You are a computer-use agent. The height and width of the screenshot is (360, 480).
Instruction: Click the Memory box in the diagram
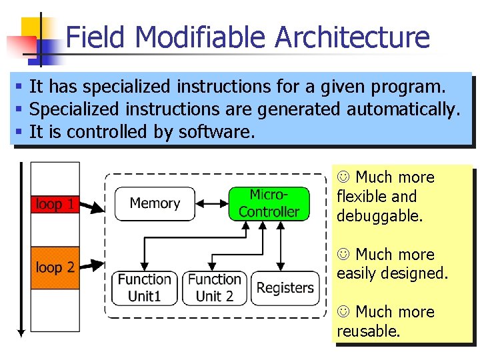pyautogui.click(x=155, y=203)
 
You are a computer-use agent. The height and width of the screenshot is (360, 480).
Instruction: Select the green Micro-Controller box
pyautogui.click(x=269, y=203)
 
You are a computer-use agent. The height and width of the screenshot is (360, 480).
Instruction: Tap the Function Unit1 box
pyautogui.click(x=145, y=288)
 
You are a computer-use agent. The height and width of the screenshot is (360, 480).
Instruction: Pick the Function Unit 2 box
pyautogui.click(x=214, y=288)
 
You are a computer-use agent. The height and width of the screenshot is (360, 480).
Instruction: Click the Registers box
pyautogui.click(x=285, y=288)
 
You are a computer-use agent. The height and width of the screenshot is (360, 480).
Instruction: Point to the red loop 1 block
pyautogui.click(x=55, y=205)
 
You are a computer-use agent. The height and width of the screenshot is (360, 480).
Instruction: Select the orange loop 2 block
pyautogui.click(x=55, y=268)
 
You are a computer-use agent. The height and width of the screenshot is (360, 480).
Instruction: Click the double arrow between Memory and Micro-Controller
pyautogui.click(x=212, y=203)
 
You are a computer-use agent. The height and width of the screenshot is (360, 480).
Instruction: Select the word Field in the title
pyautogui.click(x=93, y=37)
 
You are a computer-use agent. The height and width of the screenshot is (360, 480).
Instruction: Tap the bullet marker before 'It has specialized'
pyautogui.click(x=20, y=87)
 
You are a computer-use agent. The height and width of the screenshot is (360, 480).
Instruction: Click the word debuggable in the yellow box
pyautogui.click(x=379, y=216)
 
